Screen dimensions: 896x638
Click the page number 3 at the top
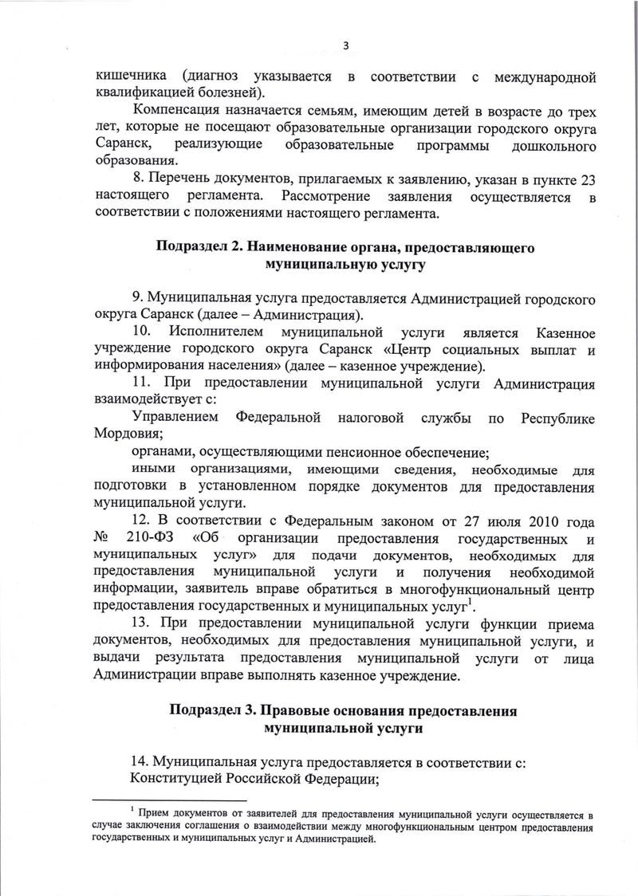coord(345,45)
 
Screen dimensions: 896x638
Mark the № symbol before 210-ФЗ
coord(101,540)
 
